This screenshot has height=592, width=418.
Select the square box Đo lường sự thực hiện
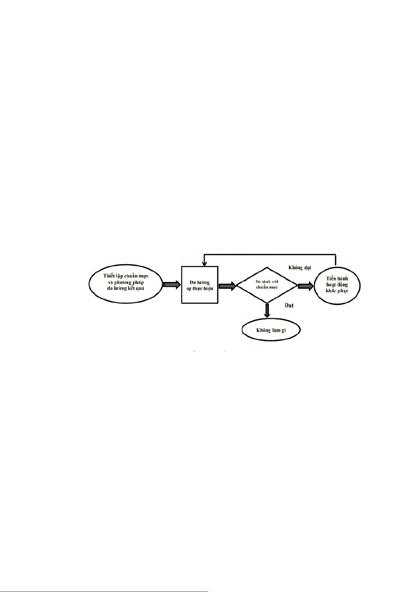click(199, 285)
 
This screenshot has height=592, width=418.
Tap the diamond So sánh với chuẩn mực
click(267, 285)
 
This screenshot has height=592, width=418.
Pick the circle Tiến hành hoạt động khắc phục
click(337, 285)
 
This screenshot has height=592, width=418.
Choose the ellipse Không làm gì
click(271, 330)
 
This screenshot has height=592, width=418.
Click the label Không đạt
click(300, 268)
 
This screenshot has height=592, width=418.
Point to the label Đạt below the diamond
click(289, 305)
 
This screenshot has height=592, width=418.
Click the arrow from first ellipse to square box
click(172, 285)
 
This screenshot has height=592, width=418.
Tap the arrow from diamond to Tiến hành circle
click(305, 286)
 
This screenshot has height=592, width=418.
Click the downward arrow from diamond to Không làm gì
click(267, 311)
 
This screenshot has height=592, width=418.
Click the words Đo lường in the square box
click(199, 282)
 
